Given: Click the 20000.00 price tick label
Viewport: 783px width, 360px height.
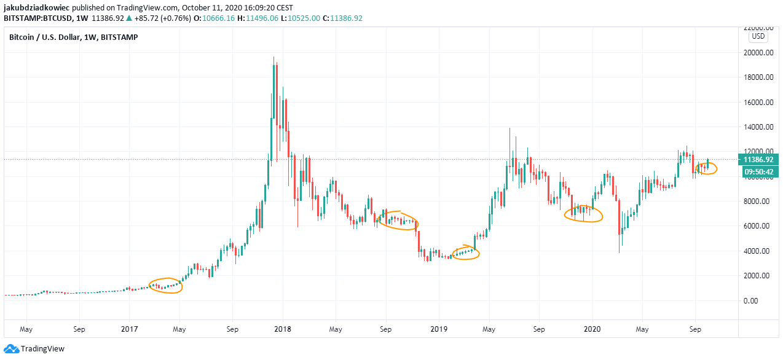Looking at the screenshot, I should click(758, 53).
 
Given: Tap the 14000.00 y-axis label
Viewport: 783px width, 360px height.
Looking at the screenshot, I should click(758, 127).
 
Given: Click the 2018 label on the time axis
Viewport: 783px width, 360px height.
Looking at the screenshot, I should click(283, 329).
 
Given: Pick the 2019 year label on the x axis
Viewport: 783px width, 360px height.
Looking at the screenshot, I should click(438, 329).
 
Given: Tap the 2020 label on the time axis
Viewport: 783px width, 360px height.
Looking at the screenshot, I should click(592, 329).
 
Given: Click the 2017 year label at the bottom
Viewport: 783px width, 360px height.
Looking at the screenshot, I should click(129, 329).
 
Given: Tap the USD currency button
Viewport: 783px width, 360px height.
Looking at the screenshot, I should click(758, 36).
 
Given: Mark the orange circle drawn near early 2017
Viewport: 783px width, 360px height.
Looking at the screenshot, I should click(165, 286).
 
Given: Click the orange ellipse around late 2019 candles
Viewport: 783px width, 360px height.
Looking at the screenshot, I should click(583, 214).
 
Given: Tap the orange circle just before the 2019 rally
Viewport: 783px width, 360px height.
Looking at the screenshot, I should click(465, 252).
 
